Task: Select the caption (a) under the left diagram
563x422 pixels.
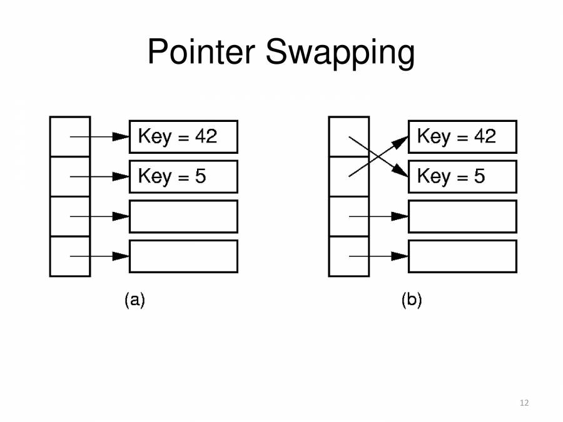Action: pos(134,300)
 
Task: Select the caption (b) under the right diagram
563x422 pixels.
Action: pos(412,300)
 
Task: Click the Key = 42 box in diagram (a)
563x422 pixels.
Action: pos(183,137)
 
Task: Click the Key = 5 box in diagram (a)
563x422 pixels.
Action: pos(183,176)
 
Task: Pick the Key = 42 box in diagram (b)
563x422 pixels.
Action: pos(462,137)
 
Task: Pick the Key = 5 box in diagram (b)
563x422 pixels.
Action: pos(462,176)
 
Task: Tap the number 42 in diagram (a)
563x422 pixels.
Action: pos(206,136)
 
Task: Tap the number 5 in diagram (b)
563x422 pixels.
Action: pos(479,176)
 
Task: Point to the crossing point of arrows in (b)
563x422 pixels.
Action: pos(372,157)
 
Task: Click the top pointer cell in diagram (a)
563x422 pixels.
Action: pos(70,136)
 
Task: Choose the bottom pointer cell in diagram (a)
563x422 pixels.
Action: pos(70,256)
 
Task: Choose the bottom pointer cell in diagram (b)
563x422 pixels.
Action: pos(348,256)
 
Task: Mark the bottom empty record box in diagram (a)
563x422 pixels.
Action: pos(183,256)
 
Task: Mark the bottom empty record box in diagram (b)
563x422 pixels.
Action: pos(462,256)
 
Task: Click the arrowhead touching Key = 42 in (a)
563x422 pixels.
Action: pos(121,137)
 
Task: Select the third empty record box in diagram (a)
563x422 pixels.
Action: pos(183,216)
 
